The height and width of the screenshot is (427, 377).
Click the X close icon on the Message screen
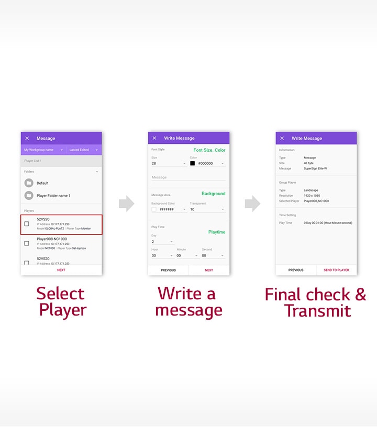point(27,138)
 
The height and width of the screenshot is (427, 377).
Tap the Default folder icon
point(29,183)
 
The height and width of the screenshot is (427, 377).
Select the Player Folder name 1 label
point(53,196)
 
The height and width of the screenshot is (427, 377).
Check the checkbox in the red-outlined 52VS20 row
point(27,224)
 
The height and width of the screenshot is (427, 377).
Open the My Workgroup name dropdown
point(43,150)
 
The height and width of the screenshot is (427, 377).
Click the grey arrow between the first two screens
point(126,204)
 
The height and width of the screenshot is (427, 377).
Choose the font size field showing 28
point(168,163)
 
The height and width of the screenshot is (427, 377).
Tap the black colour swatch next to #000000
point(193,163)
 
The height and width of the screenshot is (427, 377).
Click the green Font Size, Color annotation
point(209,150)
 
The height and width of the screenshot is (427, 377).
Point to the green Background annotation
point(214,194)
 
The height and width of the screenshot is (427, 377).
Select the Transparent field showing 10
point(207,209)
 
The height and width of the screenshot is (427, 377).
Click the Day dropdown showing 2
point(162,242)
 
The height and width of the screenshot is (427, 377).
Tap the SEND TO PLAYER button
point(336,270)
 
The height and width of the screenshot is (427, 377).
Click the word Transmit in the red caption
point(317,310)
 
